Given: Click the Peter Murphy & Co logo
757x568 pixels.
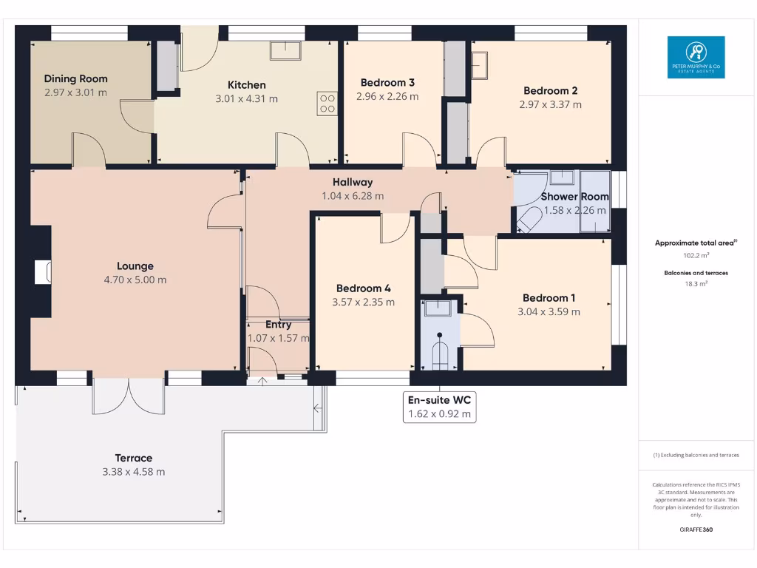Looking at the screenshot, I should tap(696, 58).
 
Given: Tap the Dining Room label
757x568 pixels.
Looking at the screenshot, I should tap(75, 78).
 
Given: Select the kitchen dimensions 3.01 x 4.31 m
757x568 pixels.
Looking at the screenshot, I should tap(246, 99).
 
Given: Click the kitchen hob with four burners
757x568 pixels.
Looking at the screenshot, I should tap(327, 104).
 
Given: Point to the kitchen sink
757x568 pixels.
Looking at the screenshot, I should tap(285, 50).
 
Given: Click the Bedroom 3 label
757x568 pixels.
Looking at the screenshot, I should tap(387, 82).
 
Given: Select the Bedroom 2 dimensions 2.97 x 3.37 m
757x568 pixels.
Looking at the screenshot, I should tap(550, 104).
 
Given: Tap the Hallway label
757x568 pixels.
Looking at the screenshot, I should tap(353, 182).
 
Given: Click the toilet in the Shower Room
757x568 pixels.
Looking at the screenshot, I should tap(529, 220).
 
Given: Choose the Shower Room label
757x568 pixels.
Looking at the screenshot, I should tap(574, 197).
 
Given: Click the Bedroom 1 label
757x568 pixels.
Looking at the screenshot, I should tap(549, 298).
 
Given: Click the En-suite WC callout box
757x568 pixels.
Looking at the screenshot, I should tap(440, 407).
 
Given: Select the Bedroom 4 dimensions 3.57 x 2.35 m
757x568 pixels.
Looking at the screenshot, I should tap(363, 302).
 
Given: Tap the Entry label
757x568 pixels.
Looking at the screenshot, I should tap(278, 325).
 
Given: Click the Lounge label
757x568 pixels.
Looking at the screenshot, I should tap(135, 266).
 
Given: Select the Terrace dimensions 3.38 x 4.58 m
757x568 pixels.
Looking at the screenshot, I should tap(133, 472).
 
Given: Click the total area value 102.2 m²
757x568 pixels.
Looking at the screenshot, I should tap(696, 255).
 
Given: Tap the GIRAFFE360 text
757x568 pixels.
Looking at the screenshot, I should tap(696, 530).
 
